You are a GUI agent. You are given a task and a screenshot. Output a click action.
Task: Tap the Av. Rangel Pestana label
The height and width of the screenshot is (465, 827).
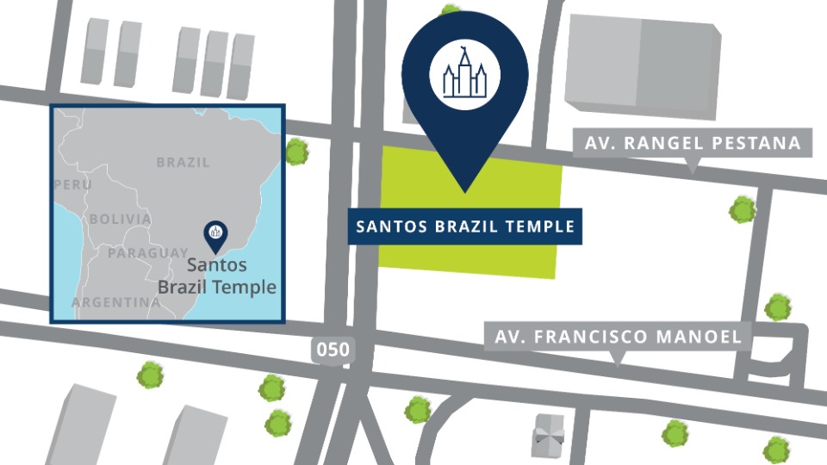693,143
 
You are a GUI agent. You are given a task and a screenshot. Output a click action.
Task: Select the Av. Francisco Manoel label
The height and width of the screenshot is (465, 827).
617,336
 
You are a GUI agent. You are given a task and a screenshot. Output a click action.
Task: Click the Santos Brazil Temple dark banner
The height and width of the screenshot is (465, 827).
465,227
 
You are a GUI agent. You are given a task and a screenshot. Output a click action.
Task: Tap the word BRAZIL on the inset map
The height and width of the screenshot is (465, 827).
183,162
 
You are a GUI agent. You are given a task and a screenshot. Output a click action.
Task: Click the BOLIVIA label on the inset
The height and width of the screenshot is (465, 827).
120,219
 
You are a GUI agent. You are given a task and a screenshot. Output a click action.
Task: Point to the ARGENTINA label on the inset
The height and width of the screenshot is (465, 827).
115,302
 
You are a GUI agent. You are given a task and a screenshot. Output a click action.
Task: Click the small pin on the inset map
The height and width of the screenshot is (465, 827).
215,232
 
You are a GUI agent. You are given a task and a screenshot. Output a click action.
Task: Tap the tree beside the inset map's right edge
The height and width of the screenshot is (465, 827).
296,152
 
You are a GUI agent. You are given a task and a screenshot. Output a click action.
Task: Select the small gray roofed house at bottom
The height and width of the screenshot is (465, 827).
549,435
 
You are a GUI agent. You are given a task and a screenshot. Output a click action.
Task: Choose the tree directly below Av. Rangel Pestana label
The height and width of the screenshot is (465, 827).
742,209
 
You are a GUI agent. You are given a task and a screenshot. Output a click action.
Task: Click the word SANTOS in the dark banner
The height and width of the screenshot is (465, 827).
389,227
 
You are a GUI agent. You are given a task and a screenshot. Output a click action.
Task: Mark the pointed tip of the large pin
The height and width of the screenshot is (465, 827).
465,190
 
